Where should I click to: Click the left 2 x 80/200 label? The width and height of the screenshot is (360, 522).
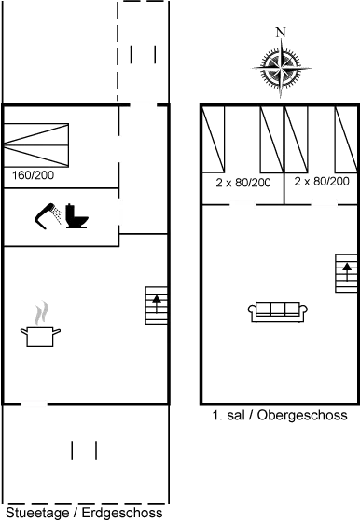click(242, 182)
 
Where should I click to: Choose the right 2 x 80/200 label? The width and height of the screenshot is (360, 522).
click(322, 182)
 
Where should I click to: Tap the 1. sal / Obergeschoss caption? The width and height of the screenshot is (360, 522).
click(280, 415)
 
